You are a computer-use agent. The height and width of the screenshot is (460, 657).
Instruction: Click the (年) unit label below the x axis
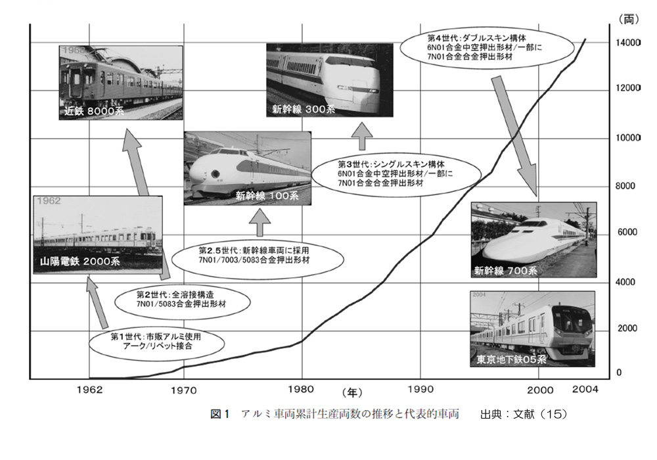tap(351, 393)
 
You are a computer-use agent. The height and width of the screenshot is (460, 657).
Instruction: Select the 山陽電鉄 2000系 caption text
tap(79, 262)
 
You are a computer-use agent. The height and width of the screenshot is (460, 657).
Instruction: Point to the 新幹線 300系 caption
tap(299, 110)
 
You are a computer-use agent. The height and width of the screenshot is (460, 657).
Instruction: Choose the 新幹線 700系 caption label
tap(505, 270)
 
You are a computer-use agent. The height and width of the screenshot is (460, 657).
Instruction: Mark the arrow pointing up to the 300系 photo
tap(361, 137)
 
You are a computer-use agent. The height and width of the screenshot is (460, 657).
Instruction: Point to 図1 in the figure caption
tap(218, 414)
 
